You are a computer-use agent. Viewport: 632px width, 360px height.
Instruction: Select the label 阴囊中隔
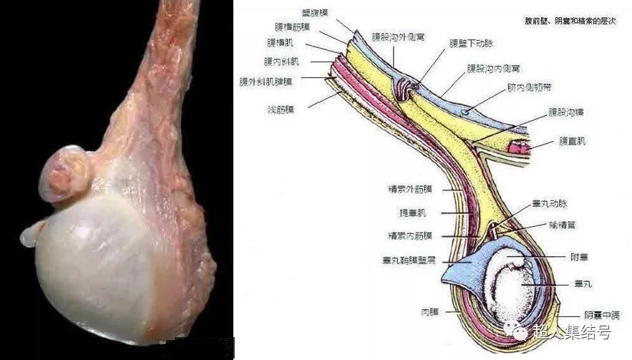[601, 315]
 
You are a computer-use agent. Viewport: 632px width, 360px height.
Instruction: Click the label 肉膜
[429, 312]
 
